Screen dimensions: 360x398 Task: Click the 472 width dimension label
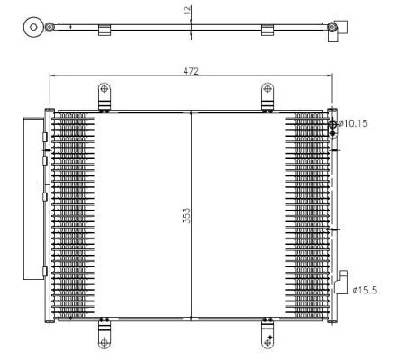pyautogui.click(x=191, y=70)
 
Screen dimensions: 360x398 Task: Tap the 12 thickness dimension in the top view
pyautogui.click(x=187, y=12)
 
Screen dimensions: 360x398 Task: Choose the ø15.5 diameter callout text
pyautogui.click(x=364, y=290)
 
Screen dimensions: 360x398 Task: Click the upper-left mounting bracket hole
pyautogui.click(x=104, y=90)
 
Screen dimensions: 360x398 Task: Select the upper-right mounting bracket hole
pyautogui.click(x=267, y=90)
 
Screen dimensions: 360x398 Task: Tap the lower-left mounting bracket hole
pyautogui.click(x=104, y=341)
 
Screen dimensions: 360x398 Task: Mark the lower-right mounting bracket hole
pyautogui.click(x=267, y=341)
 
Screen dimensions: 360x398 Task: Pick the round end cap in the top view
pyautogui.click(x=34, y=27)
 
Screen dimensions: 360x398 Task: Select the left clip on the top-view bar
pyautogui.click(x=104, y=31)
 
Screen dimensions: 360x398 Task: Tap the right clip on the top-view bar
pyautogui.click(x=267, y=31)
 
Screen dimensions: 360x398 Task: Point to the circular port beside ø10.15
pyautogui.click(x=333, y=124)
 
